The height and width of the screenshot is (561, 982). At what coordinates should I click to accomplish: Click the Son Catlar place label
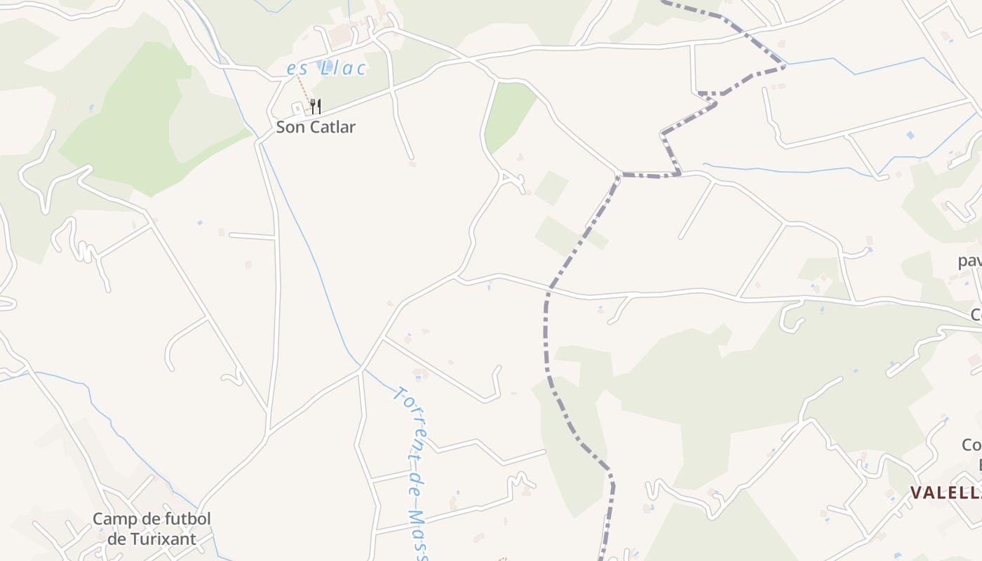[x=316, y=127]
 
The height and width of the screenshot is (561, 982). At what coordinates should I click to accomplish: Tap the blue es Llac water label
[x=326, y=68]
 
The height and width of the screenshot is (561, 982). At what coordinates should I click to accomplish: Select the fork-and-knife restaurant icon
[x=316, y=107]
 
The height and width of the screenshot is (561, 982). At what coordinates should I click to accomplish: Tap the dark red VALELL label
[x=946, y=493]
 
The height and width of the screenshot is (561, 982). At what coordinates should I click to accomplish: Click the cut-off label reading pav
[x=970, y=261]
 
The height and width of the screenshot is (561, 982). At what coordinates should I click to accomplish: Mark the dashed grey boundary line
[x=546, y=330]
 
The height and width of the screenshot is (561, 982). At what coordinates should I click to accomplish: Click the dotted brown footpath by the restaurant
[x=302, y=89]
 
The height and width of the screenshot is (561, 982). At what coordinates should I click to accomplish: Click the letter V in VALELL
[x=917, y=493]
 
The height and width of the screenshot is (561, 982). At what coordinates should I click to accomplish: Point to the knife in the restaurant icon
[x=319, y=107]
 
